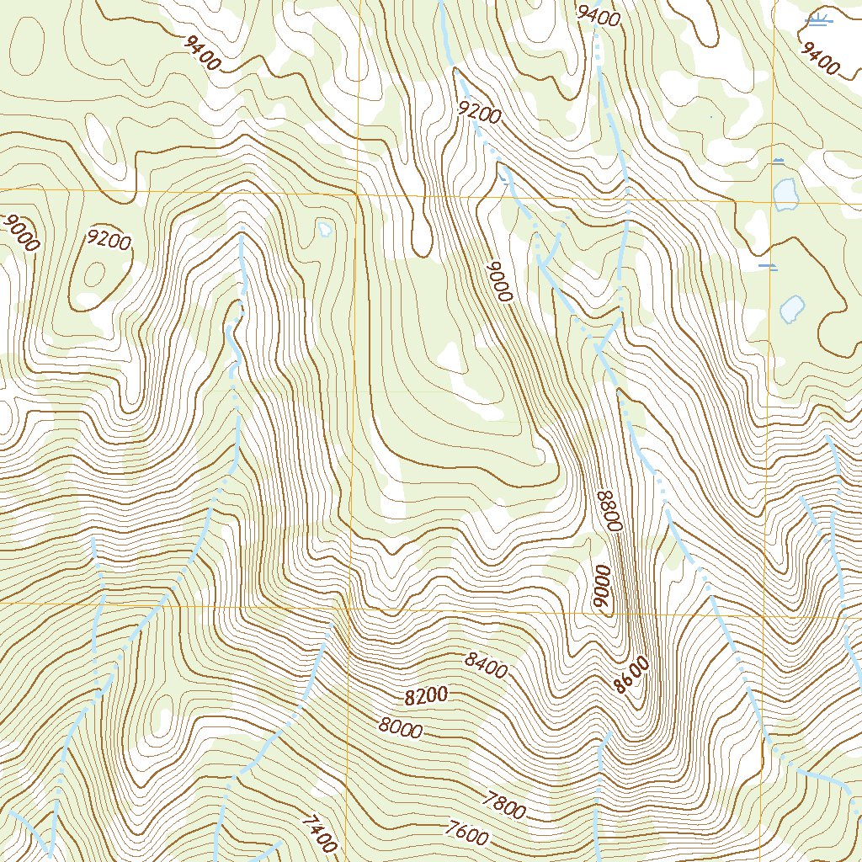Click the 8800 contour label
tap(608, 509)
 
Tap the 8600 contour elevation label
tap(631, 675)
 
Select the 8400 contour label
tap(486, 665)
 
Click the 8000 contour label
tap(400, 727)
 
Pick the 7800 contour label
tap(505, 806)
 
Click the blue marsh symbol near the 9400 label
tap(817, 20)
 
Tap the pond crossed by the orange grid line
tap(785, 194)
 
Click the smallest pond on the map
tap(324, 228)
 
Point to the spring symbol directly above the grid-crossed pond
tap(778, 160)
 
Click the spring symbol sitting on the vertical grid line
tap(768, 267)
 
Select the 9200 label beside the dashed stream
tap(480, 111)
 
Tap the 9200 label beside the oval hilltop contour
tap(109, 241)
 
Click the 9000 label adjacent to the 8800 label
tap(600, 588)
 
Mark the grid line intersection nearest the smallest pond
tap(355, 194)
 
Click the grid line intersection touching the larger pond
tap(772, 202)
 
